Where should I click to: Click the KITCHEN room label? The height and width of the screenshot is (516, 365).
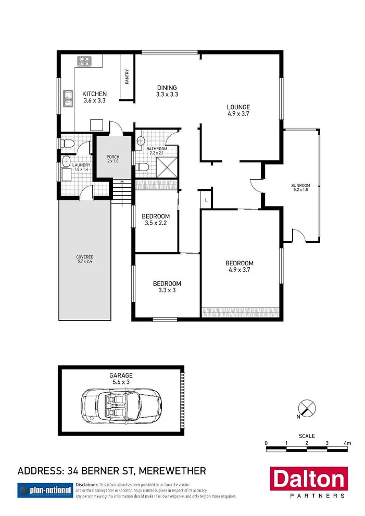point(94,97)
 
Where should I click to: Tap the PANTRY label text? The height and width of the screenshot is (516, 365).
point(127,77)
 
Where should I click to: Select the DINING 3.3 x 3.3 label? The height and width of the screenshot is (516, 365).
point(167,91)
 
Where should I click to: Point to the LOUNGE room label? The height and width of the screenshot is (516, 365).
point(239,110)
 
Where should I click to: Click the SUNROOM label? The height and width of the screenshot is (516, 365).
point(300,188)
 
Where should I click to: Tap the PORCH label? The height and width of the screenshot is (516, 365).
point(112,159)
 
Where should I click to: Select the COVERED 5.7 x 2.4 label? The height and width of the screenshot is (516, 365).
point(84,260)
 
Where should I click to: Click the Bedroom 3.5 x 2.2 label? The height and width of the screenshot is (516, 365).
point(156,220)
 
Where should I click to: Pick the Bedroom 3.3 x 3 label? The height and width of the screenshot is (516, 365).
point(167,287)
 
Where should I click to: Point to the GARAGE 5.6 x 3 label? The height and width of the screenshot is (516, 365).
point(121,378)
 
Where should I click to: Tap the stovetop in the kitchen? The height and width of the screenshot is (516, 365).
point(84,61)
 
